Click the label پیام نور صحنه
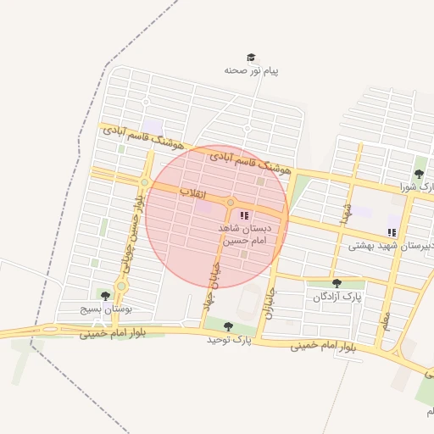click(x=251, y=70)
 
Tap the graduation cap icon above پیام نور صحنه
click(x=251, y=57)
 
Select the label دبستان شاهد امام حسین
click(x=243, y=235)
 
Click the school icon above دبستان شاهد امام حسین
click(x=245, y=216)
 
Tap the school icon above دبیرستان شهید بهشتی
click(x=391, y=231)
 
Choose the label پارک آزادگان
click(x=337, y=297)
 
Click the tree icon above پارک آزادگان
click(x=337, y=283)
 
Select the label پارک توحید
click(x=230, y=339)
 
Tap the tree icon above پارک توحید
click(x=228, y=325)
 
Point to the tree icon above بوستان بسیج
click(x=105, y=296)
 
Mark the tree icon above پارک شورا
click(x=419, y=174)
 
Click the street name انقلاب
click(x=194, y=193)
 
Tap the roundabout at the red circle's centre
click(x=230, y=202)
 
